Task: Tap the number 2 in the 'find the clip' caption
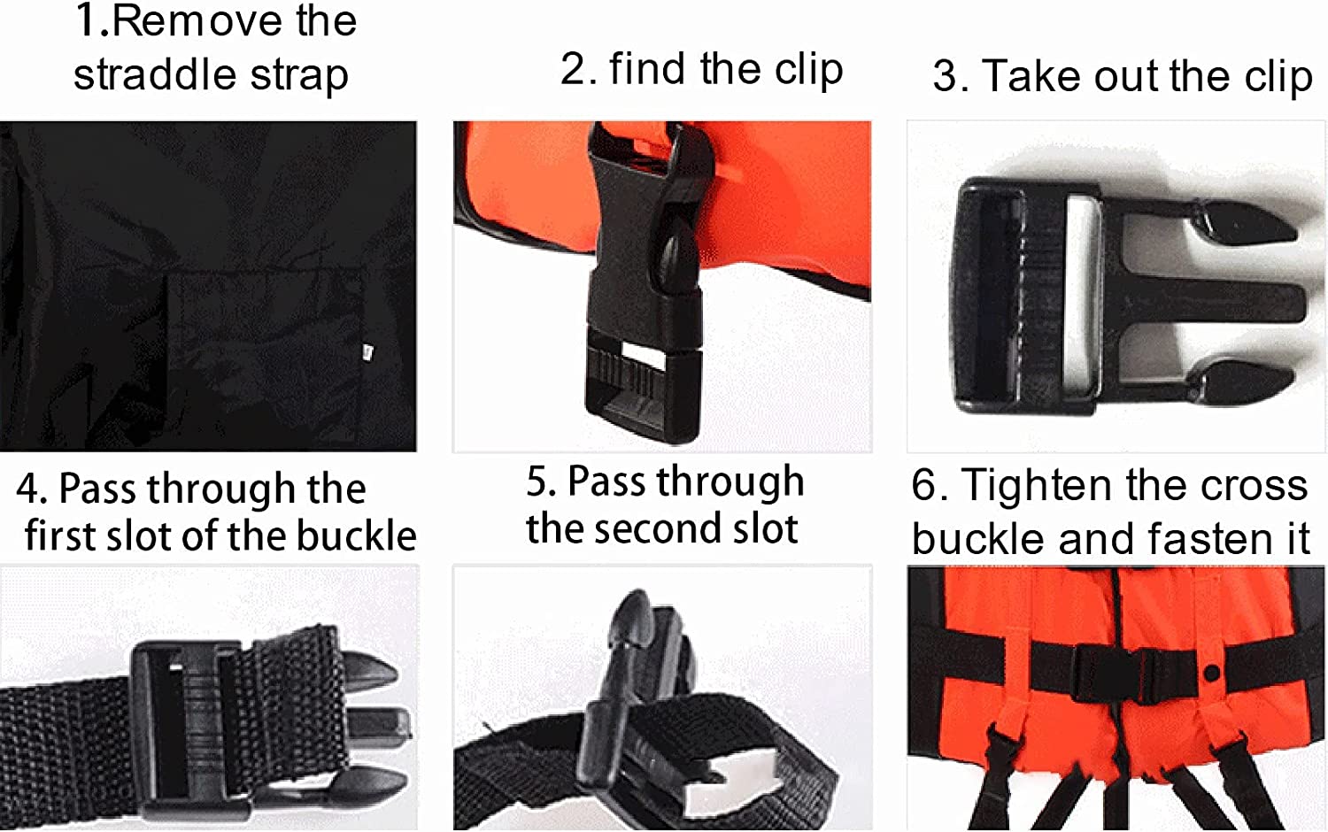[575, 69]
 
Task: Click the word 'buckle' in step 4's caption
[356, 535]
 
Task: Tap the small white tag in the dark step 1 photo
[367, 352]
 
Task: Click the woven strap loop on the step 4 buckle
[290, 710]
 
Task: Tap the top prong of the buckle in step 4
[367, 672]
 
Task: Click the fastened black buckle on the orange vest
[1133, 675]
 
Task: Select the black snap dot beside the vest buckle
[1213, 674]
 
